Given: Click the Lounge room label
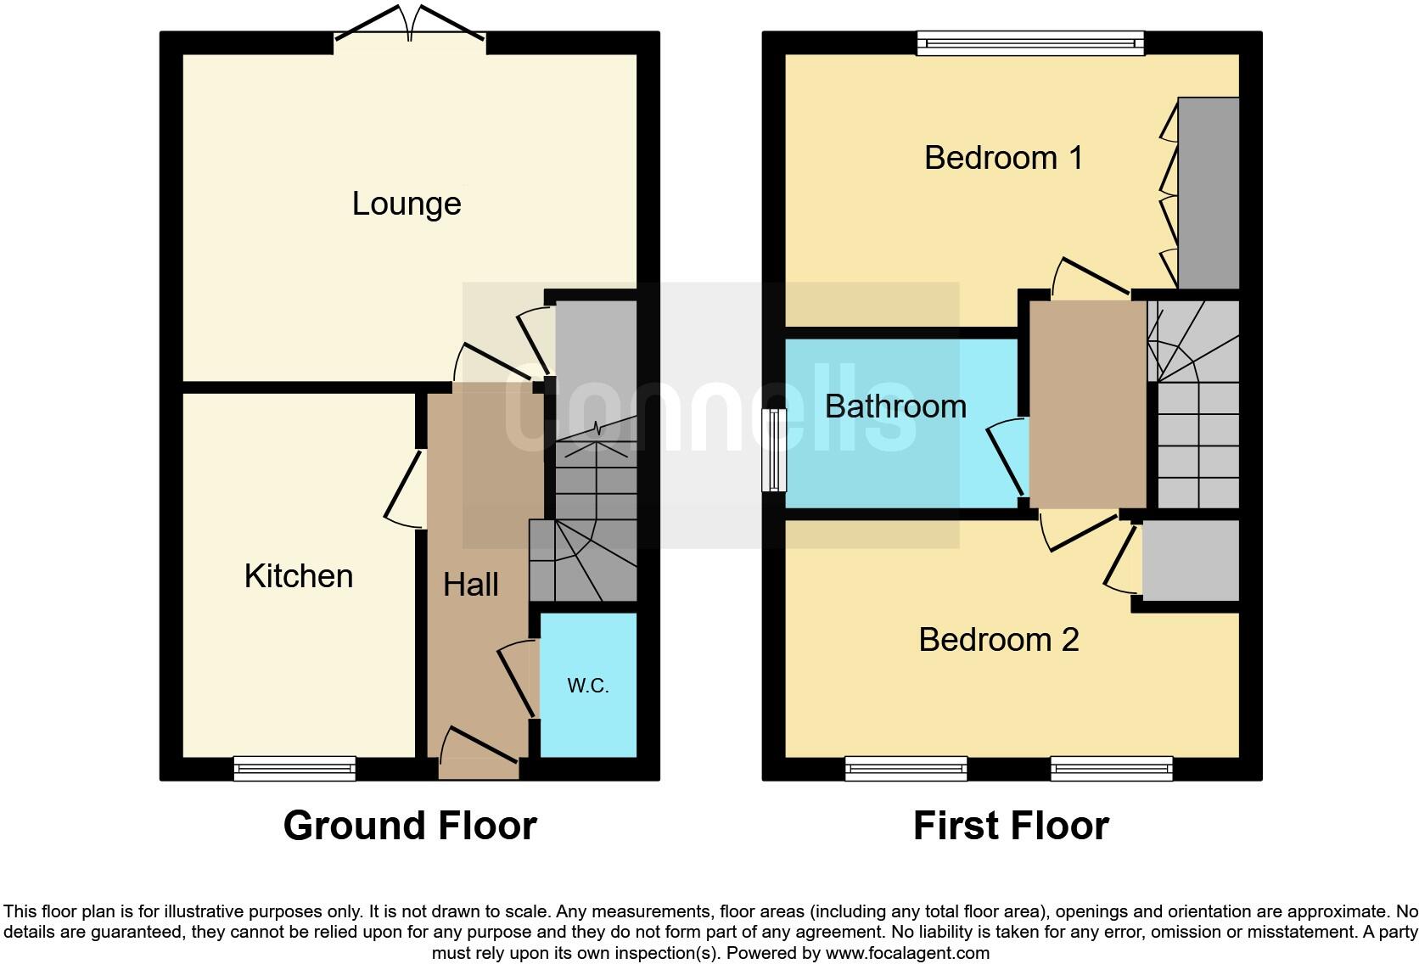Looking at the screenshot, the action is coord(407,204).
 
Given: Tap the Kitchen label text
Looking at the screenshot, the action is coord(299,576).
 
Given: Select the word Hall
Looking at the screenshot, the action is coord(471,584).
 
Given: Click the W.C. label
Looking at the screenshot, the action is coord(588,686).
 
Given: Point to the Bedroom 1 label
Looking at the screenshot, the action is coord(1003,158).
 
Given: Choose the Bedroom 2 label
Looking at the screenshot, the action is coord(999,640).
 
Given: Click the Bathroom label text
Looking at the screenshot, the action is coord(895,406).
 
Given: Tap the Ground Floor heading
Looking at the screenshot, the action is coord(411,826).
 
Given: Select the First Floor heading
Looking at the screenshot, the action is coord(1011,826).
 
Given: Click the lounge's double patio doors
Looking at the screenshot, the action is coord(410,25).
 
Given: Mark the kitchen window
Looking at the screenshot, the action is coord(294,768).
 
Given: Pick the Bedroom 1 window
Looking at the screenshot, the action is coord(1030,43).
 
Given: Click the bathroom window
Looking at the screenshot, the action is coord(774,450).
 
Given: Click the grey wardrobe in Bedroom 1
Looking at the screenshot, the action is coord(1209,193).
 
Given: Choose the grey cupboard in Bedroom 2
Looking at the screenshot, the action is coord(1191,561).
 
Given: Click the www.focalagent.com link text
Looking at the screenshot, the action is coord(907,953).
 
